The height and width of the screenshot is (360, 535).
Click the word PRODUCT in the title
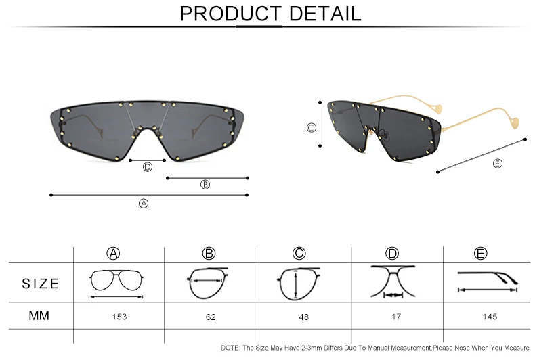(x=231, y=14)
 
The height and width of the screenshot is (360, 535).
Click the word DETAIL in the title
(x=325, y=14)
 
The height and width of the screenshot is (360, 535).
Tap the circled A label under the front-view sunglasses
(x=144, y=204)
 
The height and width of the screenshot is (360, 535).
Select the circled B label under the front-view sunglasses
(x=205, y=185)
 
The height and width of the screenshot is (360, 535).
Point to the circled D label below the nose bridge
(x=148, y=167)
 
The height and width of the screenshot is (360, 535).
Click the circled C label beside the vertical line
(x=311, y=128)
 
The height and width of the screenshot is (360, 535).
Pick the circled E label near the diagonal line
(x=498, y=164)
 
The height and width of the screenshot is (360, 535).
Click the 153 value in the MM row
(x=119, y=317)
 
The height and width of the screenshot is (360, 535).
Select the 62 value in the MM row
(x=211, y=317)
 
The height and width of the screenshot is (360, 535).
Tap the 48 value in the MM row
(x=303, y=317)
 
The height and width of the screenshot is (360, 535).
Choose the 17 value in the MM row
(x=395, y=317)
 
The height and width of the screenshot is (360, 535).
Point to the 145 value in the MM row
(x=490, y=317)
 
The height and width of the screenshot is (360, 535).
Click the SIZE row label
(x=41, y=284)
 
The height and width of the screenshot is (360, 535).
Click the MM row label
(x=39, y=316)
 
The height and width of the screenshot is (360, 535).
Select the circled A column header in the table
(x=113, y=254)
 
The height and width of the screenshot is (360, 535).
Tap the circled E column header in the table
(x=480, y=254)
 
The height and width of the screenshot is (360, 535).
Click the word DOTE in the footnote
(x=230, y=348)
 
